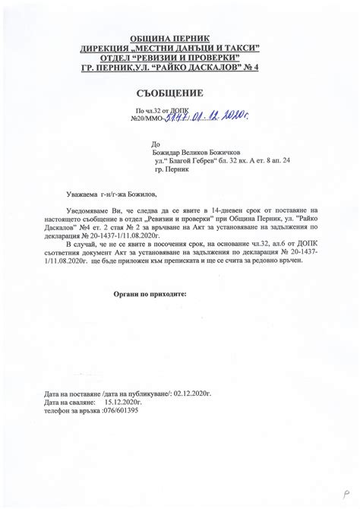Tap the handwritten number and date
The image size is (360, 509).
201,116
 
